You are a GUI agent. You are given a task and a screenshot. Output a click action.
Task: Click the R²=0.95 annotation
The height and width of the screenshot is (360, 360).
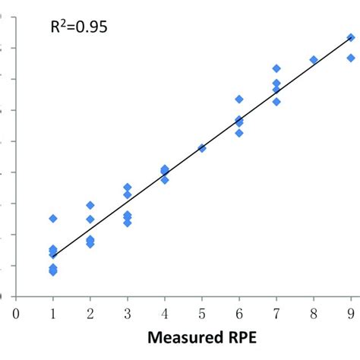click(x=77, y=28)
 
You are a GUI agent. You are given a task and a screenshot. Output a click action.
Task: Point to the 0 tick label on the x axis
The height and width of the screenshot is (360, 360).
click(x=15, y=311)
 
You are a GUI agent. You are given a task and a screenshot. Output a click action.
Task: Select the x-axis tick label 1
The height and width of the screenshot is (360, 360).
click(x=52, y=311)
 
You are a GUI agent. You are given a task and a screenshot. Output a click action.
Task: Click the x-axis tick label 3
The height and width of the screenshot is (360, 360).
click(x=127, y=311)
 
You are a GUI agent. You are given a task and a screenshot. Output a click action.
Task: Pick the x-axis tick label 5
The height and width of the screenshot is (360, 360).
click(x=202, y=311)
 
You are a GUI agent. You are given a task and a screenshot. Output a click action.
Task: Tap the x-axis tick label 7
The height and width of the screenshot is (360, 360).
click(x=276, y=311)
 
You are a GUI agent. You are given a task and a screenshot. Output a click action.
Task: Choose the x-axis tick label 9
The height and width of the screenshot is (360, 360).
click(x=351, y=311)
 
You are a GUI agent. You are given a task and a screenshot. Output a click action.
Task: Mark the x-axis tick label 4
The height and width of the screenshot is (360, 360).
click(x=165, y=311)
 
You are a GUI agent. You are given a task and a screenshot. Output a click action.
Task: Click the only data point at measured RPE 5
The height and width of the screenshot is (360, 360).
click(x=202, y=148)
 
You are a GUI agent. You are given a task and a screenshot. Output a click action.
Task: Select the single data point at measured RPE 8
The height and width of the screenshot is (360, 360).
click(x=314, y=59)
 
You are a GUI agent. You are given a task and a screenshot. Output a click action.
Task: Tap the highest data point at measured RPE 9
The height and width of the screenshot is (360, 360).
click(x=351, y=37)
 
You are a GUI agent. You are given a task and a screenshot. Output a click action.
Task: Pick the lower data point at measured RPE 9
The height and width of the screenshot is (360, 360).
click(x=351, y=58)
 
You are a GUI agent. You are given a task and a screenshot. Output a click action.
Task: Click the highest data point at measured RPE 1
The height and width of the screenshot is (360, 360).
click(x=53, y=218)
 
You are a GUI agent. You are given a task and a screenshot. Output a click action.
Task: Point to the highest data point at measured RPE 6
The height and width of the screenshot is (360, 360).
click(x=239, y=99)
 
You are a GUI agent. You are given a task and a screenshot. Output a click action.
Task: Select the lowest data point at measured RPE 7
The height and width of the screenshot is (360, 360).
click(x=276, y=101)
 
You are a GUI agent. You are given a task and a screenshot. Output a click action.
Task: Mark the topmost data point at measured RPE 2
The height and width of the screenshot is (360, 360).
click(x=90, y=205)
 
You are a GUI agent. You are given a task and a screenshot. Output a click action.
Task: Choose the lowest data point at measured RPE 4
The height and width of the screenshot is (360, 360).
click(x=165, y=180)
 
